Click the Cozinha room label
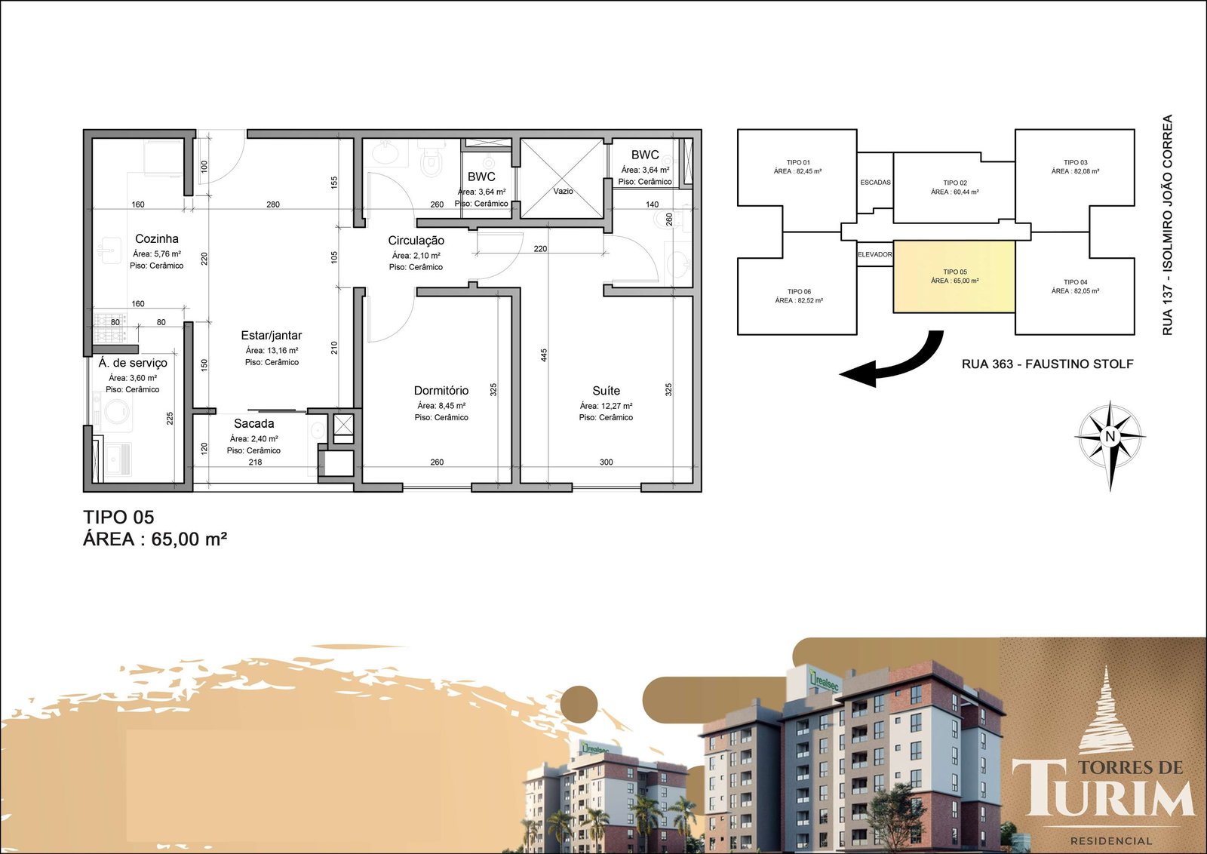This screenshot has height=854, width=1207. click(x=156, y=238)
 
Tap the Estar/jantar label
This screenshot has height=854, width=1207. click(x=271, y=335)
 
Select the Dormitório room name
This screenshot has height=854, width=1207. click(x=441, y=391)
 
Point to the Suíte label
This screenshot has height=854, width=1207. click(x=606, y=391)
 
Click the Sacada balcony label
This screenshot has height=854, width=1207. click(x=253, y=423)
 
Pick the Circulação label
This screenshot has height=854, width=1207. click(x=416, y=241)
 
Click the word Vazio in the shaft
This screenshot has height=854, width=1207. click(x=563, y=192)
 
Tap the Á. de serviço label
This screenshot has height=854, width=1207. click(x=133, y=363)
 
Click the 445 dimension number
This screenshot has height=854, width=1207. click(x=544, y=355)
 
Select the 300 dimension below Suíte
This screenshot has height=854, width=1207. click(x=607, y=462)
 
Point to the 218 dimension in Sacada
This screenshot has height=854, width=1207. click(x=255, y=462)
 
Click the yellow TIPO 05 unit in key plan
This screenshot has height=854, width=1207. click(x=954, y=276)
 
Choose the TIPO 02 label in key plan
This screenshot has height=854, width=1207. click(x=955, y=183)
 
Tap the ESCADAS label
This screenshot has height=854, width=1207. click(x=875, y=183)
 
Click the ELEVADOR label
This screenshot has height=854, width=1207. click(x=875, y=254)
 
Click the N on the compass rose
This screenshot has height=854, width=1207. click(x=1110, y=436)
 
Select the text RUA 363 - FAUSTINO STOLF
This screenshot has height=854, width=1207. click(x=1048, y=364)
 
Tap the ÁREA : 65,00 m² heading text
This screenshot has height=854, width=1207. click(x=155, y=539)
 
